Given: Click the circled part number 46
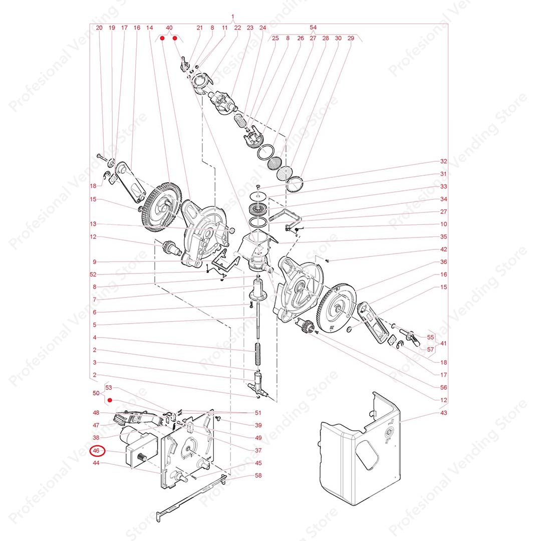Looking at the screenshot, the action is pyautogui.click(x=96, y=451).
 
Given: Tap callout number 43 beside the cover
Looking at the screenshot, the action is pyautogui.click(x=443, y=413).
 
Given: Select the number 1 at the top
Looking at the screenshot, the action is pyautogui.click(x=233, y=17).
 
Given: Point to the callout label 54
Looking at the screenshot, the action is pyautogui.click(x=313, y=27).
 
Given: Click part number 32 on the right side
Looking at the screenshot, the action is pyautogui.click(x=443, y=161).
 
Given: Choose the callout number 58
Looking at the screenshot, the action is pyautogui.click(x=258, y=475).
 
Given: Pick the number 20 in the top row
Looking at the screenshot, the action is pyautogui.click(x=99, y=28).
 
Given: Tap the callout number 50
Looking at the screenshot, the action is pyautogui.click(x=96, y=393).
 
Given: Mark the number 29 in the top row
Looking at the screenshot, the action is pyautogui.click(x=351, y=38).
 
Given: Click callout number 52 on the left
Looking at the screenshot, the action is pyautogui.click(x=93, y=275).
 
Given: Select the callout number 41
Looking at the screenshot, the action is pyautogui.click(x=443, y=343).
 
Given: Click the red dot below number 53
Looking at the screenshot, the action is pyautogui.click(x=110, y=400).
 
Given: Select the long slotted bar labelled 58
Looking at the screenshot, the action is pyautogui.click(x=191, y=497).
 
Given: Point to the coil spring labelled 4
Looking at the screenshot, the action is pyautogui.click(x=258, y=354).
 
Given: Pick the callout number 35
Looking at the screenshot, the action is pyautogui.click(x=443, y=236).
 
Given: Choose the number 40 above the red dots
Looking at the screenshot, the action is pyautogui.click(x=169, y=28).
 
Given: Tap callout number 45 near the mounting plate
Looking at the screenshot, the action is pyautogui.click(x=258, y=463).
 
